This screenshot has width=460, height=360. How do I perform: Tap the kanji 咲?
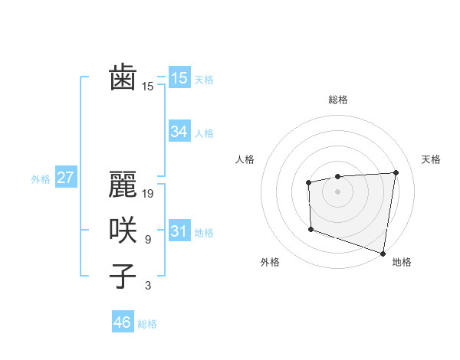(123, 231)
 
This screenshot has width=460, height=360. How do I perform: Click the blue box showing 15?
(179, 77)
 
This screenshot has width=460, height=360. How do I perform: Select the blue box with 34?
(179, 132)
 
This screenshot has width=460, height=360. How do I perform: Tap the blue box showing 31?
(179, 231)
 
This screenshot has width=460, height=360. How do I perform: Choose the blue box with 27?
(65, 178)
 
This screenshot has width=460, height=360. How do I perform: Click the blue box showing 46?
(122, 322)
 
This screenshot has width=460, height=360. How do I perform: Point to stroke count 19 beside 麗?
(149, 194)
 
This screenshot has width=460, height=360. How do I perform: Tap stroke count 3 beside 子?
(147, 286)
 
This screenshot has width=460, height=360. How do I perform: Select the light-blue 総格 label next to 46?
(147, 324)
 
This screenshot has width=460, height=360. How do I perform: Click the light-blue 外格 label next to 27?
(41, 179)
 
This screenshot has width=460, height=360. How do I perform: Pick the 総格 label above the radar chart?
(337, 100)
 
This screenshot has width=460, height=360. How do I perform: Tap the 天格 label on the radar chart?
(431, 159)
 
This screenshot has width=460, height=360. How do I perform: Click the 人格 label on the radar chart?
(245, 159)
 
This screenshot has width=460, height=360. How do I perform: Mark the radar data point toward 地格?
(383, 253)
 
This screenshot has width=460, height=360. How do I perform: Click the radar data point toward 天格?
(396, 172)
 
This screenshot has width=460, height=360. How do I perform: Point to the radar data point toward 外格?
(310, 229)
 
